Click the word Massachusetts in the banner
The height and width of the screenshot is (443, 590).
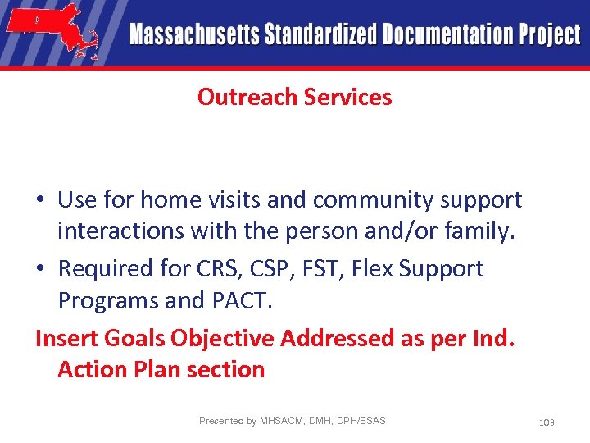point(194,35)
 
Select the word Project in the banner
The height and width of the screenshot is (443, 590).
point(547,35)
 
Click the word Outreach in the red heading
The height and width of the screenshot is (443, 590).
point(247,97)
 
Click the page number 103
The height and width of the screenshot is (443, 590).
point(547,422)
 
